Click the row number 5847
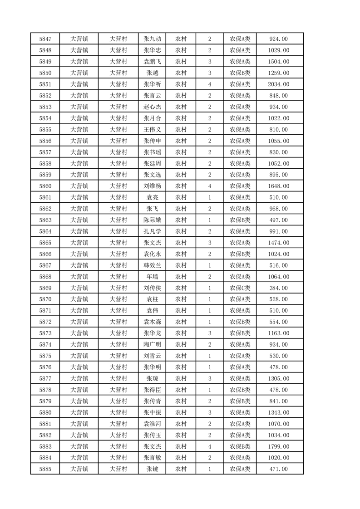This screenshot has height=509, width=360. tap(45, 39)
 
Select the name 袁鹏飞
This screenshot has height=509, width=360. tap(152, 62)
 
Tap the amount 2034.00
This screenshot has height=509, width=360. tap(279, 84)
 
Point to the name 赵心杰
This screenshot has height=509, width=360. tap(152, 107)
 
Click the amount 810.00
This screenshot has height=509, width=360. tap(279, 130)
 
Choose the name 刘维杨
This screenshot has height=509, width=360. tap(152, 186)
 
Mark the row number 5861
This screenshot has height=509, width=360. tap(45, 197)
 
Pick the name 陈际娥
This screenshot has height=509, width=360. tap(152, 220)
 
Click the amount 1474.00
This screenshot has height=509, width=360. tap(279, 243)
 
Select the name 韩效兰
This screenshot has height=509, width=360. tap(152, 265)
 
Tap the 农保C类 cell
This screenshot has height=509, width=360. tap(240, 288)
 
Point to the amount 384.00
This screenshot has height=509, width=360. tap(279, 288)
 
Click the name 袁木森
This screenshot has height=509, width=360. tap(152, 322)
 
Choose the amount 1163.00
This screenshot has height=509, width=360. tap(279, 333)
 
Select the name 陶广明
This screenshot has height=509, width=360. tap(152, 345)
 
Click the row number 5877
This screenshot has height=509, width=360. tap(45, 378)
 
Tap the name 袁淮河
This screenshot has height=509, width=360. tap(152, 424)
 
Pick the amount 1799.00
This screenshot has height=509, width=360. tap(279, 446)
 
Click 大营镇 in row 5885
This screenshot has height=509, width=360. tap(79, 469)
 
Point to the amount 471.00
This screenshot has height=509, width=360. tap(279, 469)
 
